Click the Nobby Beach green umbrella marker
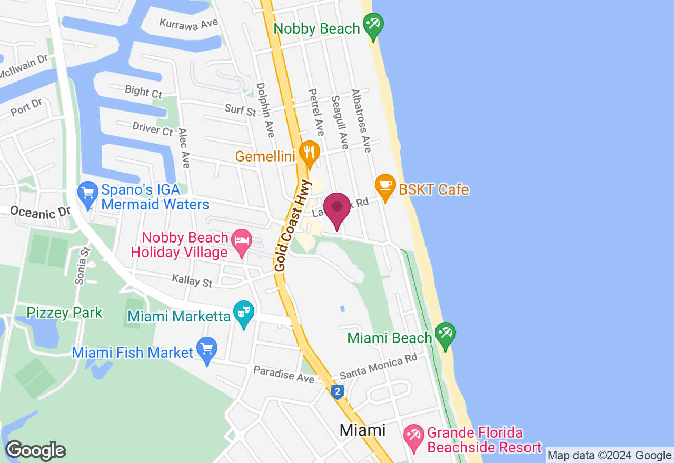pyautogui.click(x=373, y=25)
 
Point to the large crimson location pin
pyautogui.click(x=337, y=209)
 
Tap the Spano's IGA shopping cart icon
pyautogui.click(x=87, y=193)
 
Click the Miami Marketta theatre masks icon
pyautogui.click(x=243, y=313)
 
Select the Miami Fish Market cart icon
pyautogui.click(x=206, y=349)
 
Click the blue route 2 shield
pyautogui.click(x=338, y=392)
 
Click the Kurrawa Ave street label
pyautogui.click(x=181, y=24)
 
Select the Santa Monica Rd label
pyautogui.click(x=378, y=367)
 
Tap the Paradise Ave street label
pyautogui.click(x=283, y=374)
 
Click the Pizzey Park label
pyautogui.click(x=64, y=313)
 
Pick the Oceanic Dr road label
pyautogui.click(x=40, y=213)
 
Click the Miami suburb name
pyautogui.click(x=362, y=430)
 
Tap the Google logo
pyautogui.click(x=35, y=451)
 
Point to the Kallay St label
pyautogui.click(x=192, y=280)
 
